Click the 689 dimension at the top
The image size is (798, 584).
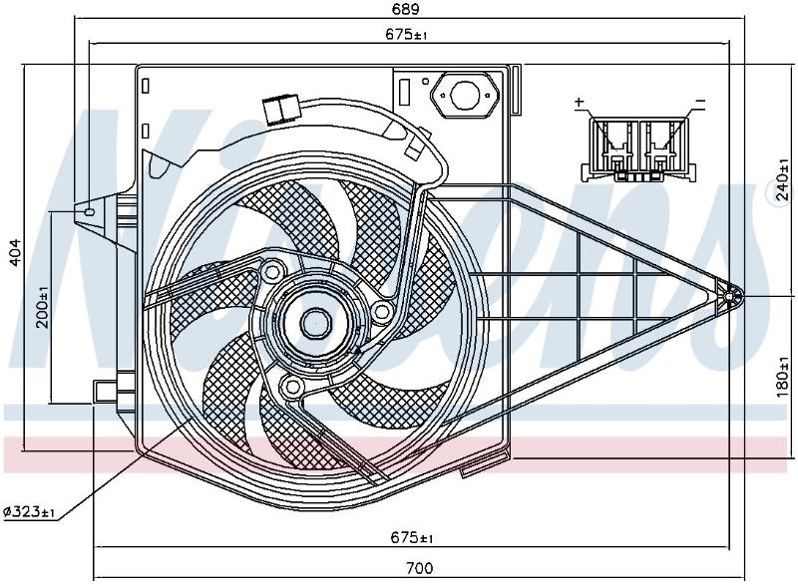point(406,9)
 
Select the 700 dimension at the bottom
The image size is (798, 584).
point(420,568)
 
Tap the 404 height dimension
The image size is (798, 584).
point(16,252)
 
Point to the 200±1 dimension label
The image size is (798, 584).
point(43,307)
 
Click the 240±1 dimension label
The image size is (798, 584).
point(784,180)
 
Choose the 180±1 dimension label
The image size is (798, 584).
point(784,376)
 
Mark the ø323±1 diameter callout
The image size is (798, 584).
point(29,512)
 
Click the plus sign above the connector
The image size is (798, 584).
point(580,102)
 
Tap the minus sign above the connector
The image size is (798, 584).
point(701,102)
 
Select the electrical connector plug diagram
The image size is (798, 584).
point(639,149)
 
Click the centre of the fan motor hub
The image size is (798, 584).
point(314,324)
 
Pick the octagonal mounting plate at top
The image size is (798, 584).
point(464,95)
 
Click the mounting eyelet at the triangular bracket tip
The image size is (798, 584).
point(729,296)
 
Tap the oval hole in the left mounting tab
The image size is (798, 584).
point(90,212)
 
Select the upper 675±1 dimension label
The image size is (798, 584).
point(406,35)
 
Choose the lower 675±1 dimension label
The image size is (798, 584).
point(412,537)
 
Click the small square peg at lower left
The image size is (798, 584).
point(105,390)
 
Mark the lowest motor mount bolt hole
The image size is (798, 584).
point(292,388)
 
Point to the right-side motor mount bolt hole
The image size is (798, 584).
point(382,311)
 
